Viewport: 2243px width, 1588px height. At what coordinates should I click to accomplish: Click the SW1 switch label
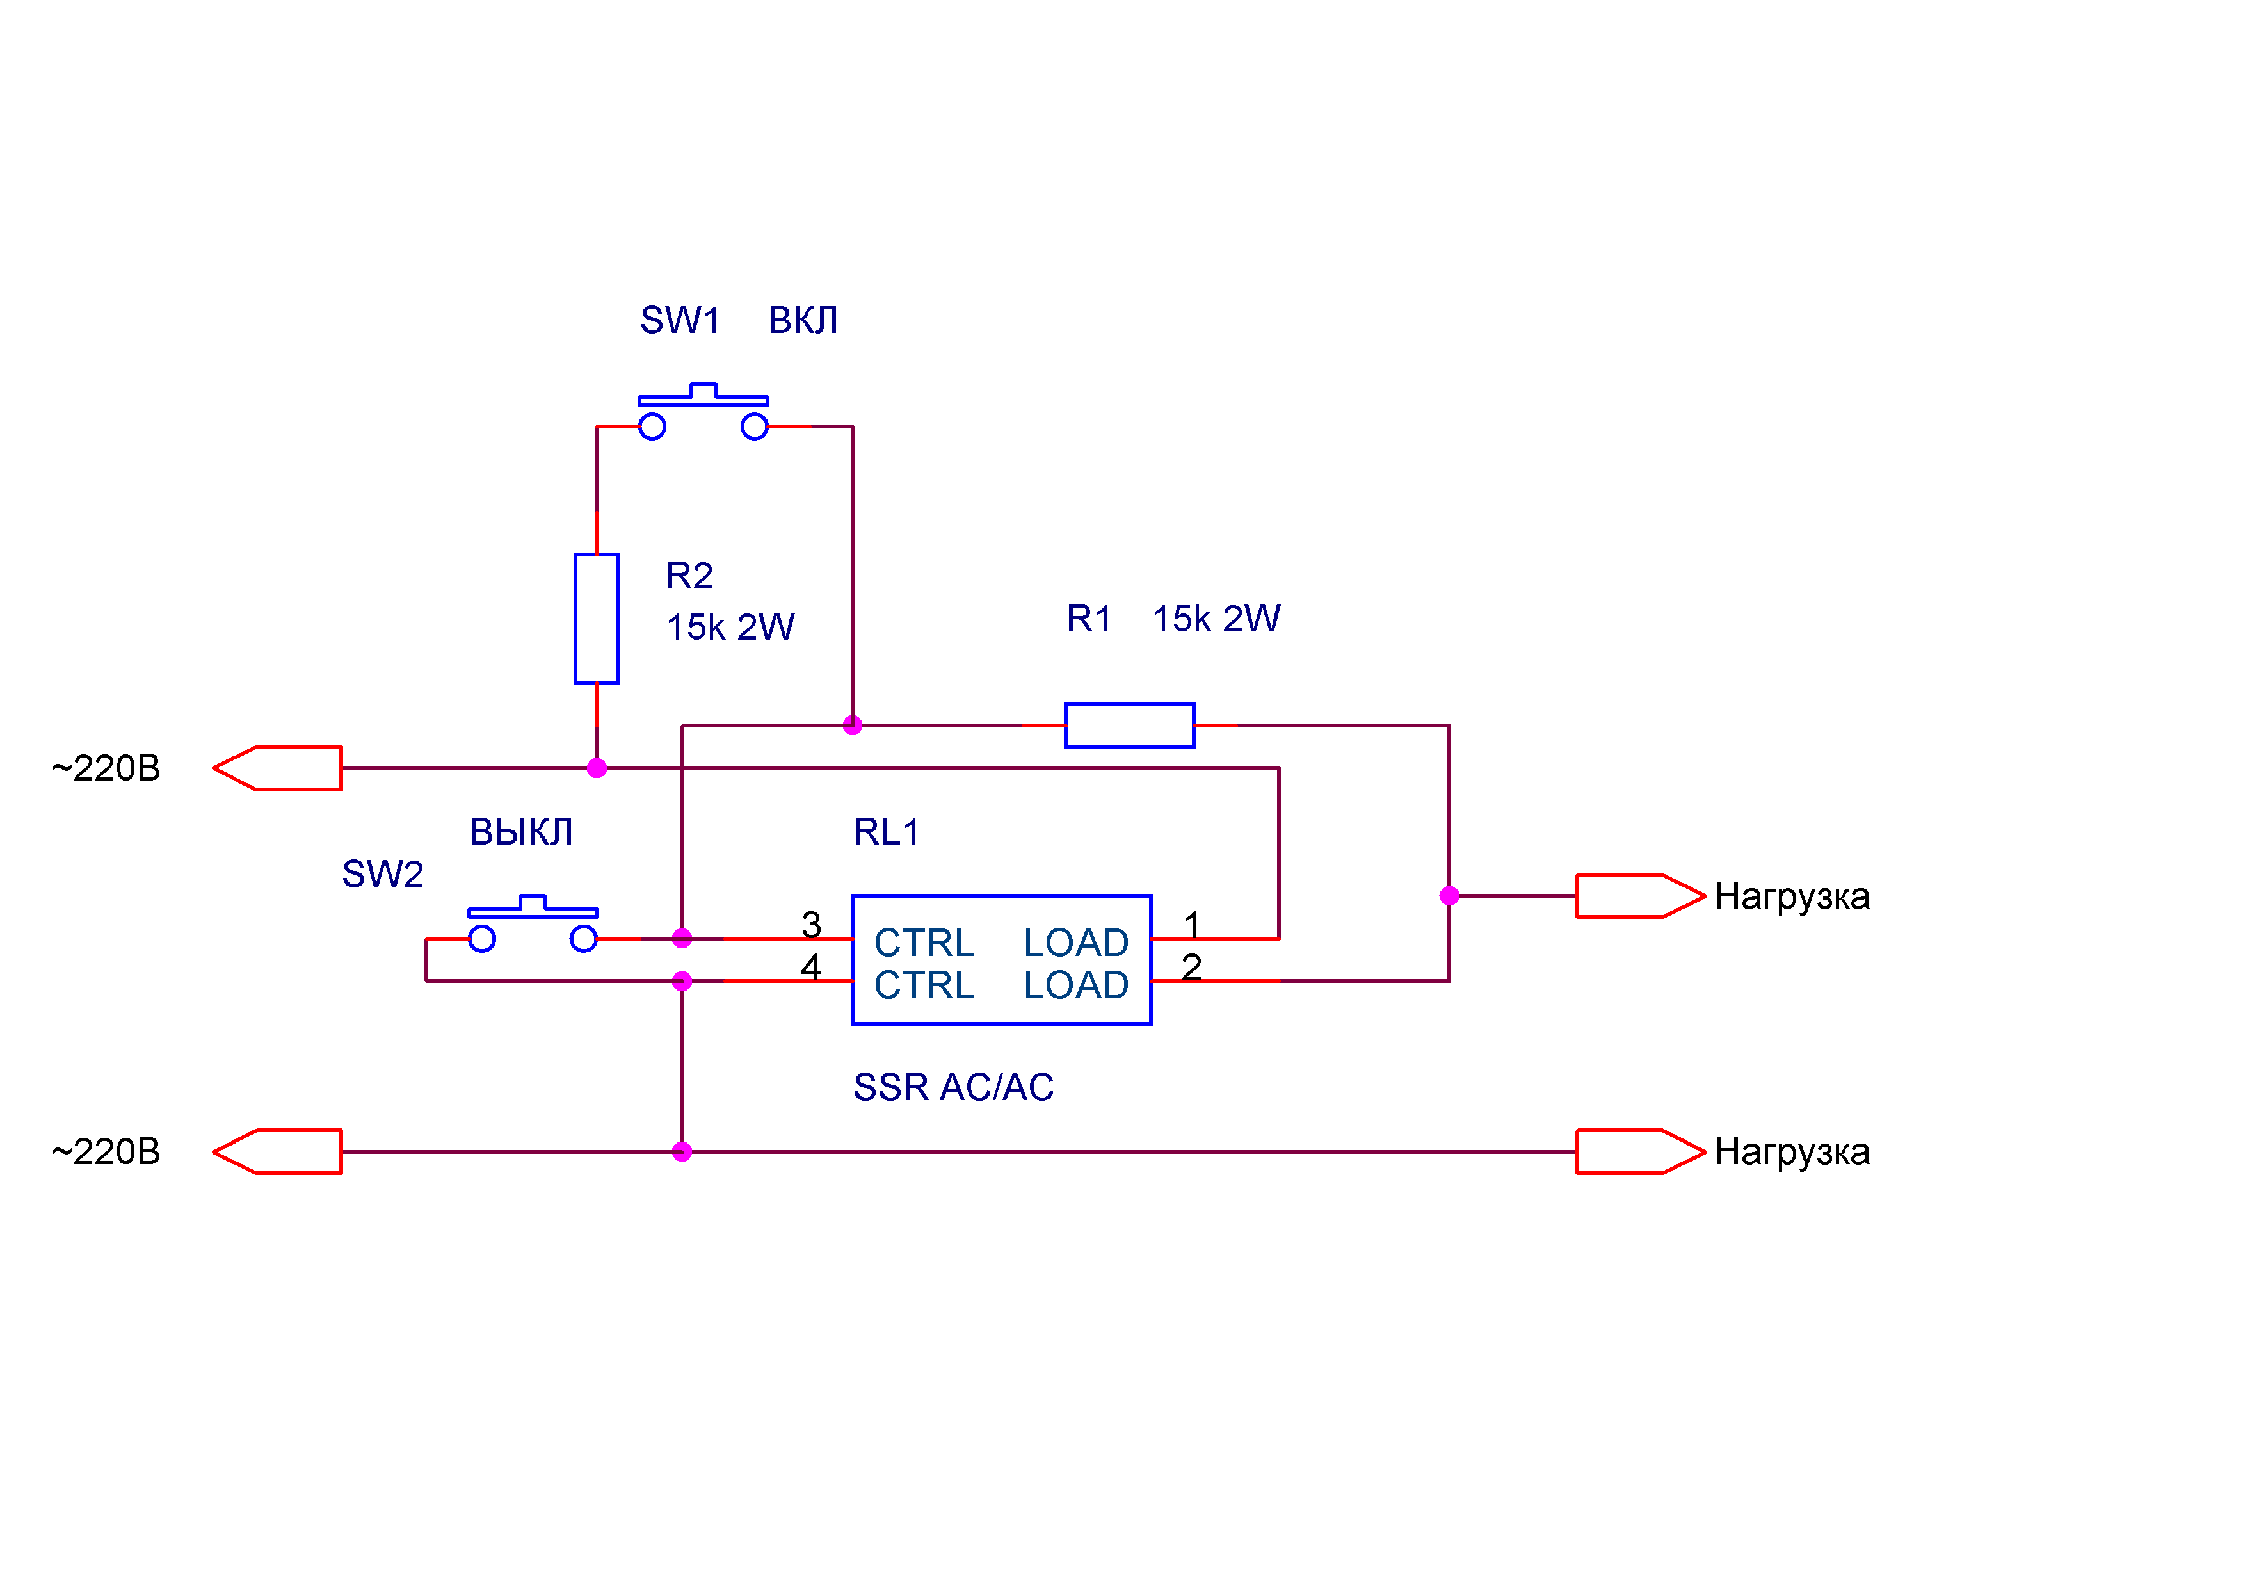point(679,320)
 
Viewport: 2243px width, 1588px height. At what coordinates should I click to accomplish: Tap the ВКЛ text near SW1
point(803,320)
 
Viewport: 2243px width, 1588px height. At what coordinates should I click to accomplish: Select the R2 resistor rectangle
point(596,618)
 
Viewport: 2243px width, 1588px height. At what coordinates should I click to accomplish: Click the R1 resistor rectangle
point(1129,725)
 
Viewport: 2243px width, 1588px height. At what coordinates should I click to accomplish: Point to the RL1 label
point(885,832)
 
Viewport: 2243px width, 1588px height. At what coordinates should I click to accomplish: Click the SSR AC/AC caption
point(953,1087)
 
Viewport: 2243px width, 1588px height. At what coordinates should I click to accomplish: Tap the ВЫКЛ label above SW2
point(521,832)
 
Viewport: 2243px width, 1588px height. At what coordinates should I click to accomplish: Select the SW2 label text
point(382,874)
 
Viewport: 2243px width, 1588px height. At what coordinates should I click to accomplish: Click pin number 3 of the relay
point(810,924)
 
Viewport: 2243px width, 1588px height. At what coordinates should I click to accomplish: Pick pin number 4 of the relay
point(810,967)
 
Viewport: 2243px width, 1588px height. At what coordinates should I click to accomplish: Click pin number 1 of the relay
point(1191,924)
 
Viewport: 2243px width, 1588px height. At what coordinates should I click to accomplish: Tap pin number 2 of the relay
point(1191,967)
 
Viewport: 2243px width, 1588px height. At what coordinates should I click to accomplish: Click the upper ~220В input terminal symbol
point(278,768)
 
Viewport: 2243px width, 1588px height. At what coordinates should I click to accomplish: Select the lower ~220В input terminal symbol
point(278,1152)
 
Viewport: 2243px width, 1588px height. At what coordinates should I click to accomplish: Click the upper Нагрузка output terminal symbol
point(1639,896)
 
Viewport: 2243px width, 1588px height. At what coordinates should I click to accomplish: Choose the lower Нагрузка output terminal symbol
point(1639,1152)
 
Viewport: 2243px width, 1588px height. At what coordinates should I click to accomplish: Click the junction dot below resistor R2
point(596,768)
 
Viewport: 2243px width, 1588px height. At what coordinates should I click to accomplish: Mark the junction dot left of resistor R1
point(852,725)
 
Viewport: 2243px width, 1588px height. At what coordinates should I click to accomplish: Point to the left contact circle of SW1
point(652,426)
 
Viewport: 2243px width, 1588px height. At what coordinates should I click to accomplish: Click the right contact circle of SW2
point(583,939)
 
